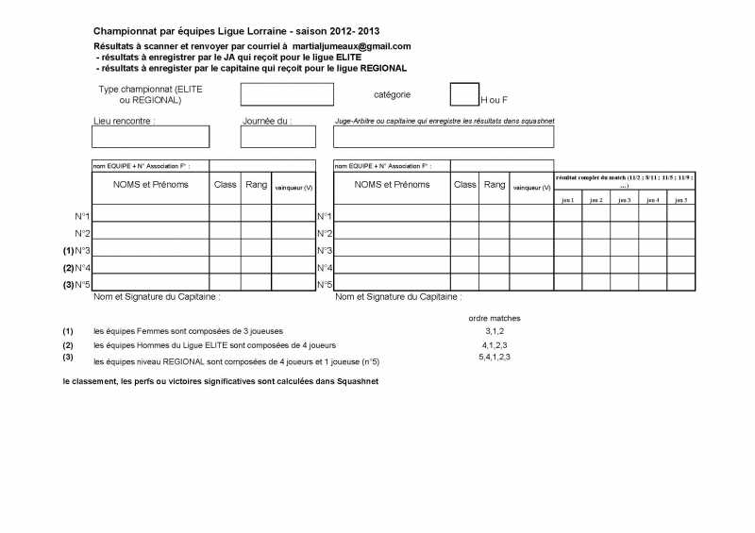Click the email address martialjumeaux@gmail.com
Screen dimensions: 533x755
tap(353, 46)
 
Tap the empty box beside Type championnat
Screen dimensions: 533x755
tap(287, 94)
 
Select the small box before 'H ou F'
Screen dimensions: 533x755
tap(464, 93)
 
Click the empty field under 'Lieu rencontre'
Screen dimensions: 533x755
tap(150, 137)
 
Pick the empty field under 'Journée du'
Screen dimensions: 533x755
tap(264, 137)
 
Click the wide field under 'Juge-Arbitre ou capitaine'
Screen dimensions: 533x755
tap(444, 137)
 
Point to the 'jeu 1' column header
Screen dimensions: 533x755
tap(567, 200)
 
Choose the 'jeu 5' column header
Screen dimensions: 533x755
tap(680, 200)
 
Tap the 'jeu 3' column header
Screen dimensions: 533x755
tap(624, 200)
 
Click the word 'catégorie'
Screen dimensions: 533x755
tap(393, 94)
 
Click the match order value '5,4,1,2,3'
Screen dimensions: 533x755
tap(495, 357)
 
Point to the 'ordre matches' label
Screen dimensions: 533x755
tap(495, 318)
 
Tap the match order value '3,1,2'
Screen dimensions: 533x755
tap(495, 331)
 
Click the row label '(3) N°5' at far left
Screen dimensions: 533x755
tap(76, 284)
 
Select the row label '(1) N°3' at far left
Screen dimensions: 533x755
tap(76, 250)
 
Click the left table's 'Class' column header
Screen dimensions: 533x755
tap(225, 185)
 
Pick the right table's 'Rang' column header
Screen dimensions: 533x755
tap(495, 185)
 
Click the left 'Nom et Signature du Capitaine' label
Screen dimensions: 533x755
tap(157, 296)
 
